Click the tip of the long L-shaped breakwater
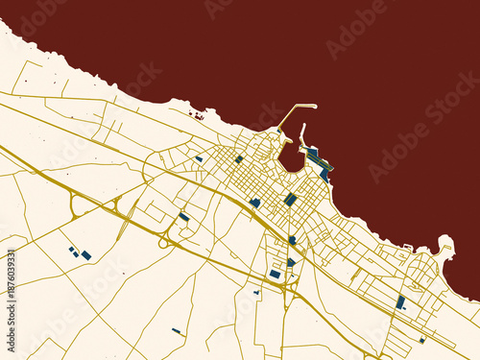pos(314,105)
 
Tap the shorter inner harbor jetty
pos(302,133)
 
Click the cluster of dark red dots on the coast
pos(198,116)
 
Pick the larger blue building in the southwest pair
pos(86,255)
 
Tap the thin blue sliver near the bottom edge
pos(177,331)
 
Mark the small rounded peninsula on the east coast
pos(444,244)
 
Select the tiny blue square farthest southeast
pos(421,340)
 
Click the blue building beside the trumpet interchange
pos(183,217)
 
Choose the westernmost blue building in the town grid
pos(199,159)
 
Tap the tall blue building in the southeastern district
pos(400,302)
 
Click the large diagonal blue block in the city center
pos(290,200)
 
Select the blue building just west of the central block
pos(255,203)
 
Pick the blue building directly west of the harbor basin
pos(239,159)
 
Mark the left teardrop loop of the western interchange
pos(76,204)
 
